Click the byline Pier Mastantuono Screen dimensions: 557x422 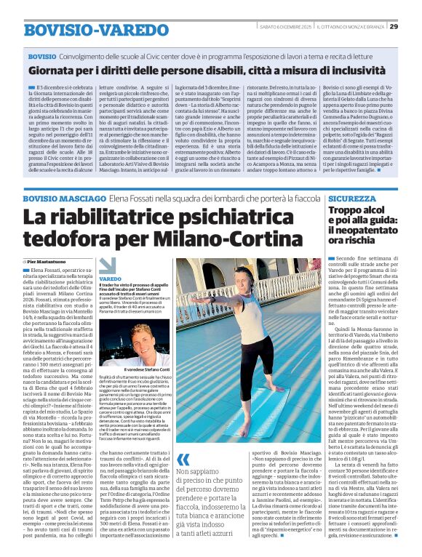point(49,260)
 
